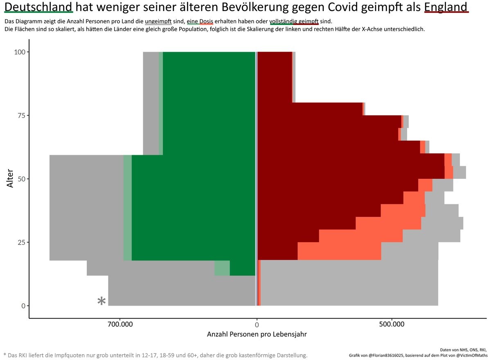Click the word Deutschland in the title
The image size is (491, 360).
(38, 7)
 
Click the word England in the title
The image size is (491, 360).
(446, 7)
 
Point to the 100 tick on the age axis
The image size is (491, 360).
(20, 52)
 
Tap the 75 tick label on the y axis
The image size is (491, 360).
(22, 115)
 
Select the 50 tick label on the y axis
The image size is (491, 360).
(22, 179)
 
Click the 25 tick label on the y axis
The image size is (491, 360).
(22, 242)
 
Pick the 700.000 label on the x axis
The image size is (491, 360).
(120, 324)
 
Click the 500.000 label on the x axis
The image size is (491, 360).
(392, 324)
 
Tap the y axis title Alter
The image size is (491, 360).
(10, 179)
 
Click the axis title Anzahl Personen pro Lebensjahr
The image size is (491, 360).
(257, 335)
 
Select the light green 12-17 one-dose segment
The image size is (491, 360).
(222, 268)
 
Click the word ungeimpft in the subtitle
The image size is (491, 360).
(158, 21)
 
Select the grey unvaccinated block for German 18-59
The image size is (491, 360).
(86, 208)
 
